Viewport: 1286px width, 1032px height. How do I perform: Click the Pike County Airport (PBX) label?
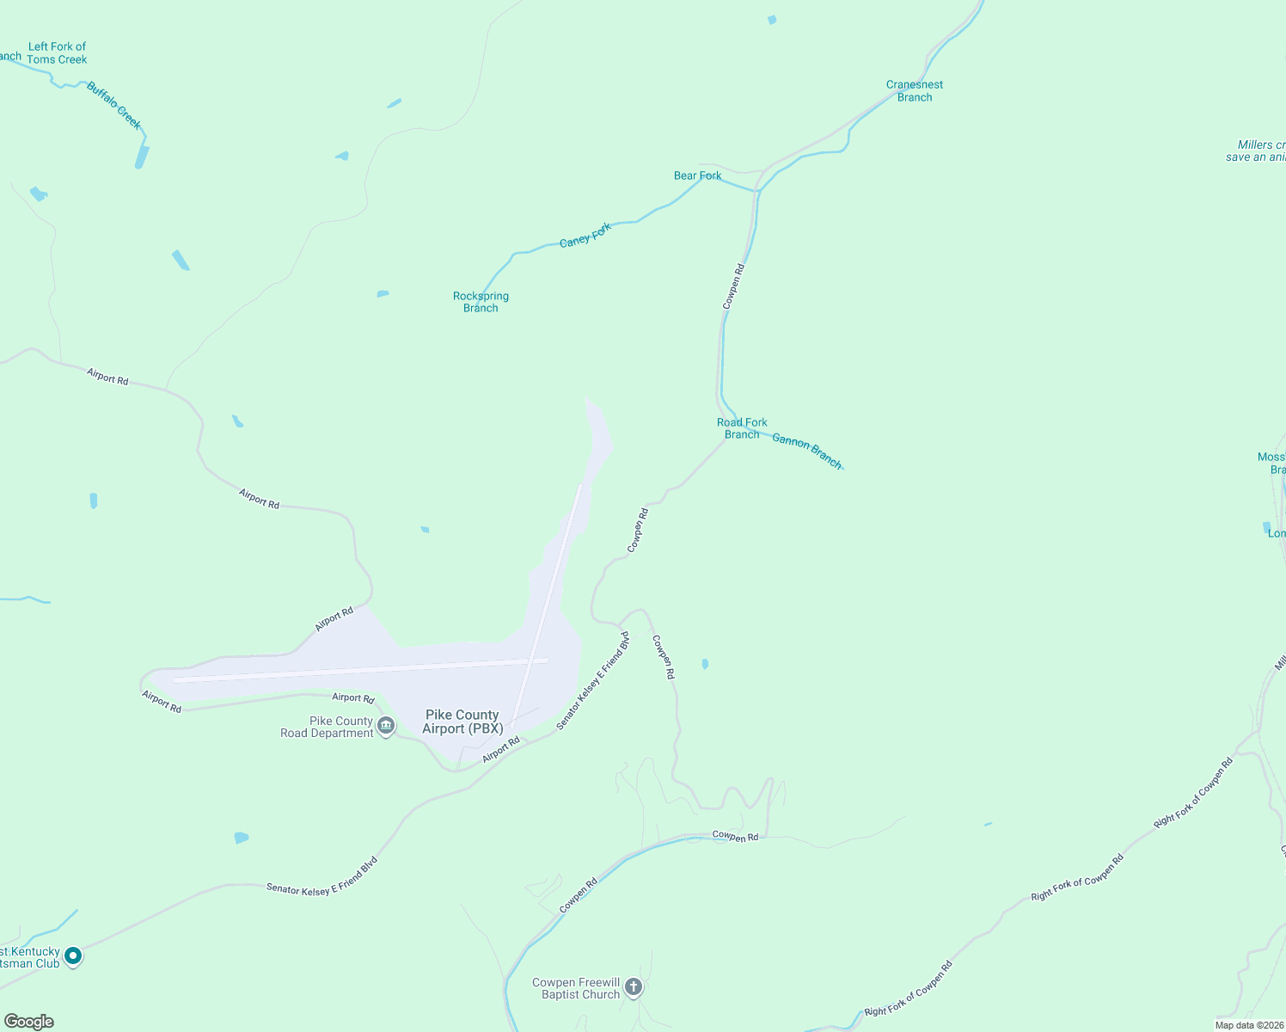pyautogui.click(x=462, y=722)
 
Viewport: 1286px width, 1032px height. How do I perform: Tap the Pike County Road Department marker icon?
pyautogui.click(x=386, y=727)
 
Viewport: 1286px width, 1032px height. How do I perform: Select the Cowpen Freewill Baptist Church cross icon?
pyautogui.click(x=634, y=986)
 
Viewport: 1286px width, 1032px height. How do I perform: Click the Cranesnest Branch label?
pyautogui.click(x=915, y=91)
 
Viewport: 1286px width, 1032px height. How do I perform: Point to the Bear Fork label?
pyautogui.click(x=697, y=175)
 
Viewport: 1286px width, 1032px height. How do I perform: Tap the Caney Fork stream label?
pyautogui.click(x=585, y=235)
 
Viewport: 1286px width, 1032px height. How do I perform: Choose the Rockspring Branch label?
pyautogui.click(x=481, y=302)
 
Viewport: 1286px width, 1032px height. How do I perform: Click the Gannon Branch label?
pyautogui.click(x=806, y=451)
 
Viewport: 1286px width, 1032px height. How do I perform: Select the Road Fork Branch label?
pyautogui.click(x=742, y=428)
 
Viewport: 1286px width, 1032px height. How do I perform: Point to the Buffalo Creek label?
pyautogui.click(x=113, y=106)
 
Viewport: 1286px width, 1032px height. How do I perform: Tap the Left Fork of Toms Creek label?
pyautogui.click(x=57, y=53)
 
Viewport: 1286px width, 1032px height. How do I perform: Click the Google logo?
pyautogui.click(x=29, y=1022)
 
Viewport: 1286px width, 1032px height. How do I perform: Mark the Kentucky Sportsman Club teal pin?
pyautogui.click(x=73, y=955)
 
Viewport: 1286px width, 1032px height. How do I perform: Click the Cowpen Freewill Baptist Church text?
pyautogui.click(x=576, y=988)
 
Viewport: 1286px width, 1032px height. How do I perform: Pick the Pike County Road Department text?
pyautogui.click(x=328, y=728)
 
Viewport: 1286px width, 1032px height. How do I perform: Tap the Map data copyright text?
pyautogui.click(x=1249, y=1025)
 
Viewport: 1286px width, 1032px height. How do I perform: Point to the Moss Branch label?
pyautogui.click(x=1272, y=463)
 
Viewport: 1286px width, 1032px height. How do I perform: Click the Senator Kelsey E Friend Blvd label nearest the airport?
pyautogui.click(x=592, y=682)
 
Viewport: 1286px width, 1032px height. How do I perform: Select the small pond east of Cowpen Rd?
pyautogui.click(x=705, y=664)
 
